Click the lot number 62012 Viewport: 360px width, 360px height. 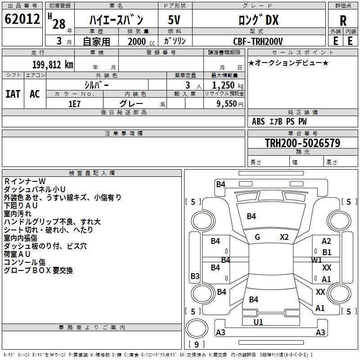coord(22,20)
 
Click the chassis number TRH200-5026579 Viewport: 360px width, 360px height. coord(302,143)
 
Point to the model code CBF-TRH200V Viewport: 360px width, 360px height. coord(258,41)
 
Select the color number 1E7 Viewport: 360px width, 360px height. coord(74,103)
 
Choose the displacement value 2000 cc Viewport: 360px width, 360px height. coord(140,41)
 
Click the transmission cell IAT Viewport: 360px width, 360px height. coord(13,94)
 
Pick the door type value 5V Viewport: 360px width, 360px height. coord(175,21)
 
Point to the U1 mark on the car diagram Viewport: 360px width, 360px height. coord(258,322)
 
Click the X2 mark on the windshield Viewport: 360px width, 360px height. coord(284,237)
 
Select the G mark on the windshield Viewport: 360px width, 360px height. coord(257,237)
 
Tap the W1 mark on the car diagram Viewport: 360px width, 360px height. coord(317,260)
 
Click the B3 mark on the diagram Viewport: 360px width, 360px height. coord(195,276)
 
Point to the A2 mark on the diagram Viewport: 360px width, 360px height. coord(326,242)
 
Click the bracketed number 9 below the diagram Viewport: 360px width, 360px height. coord(196,344)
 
